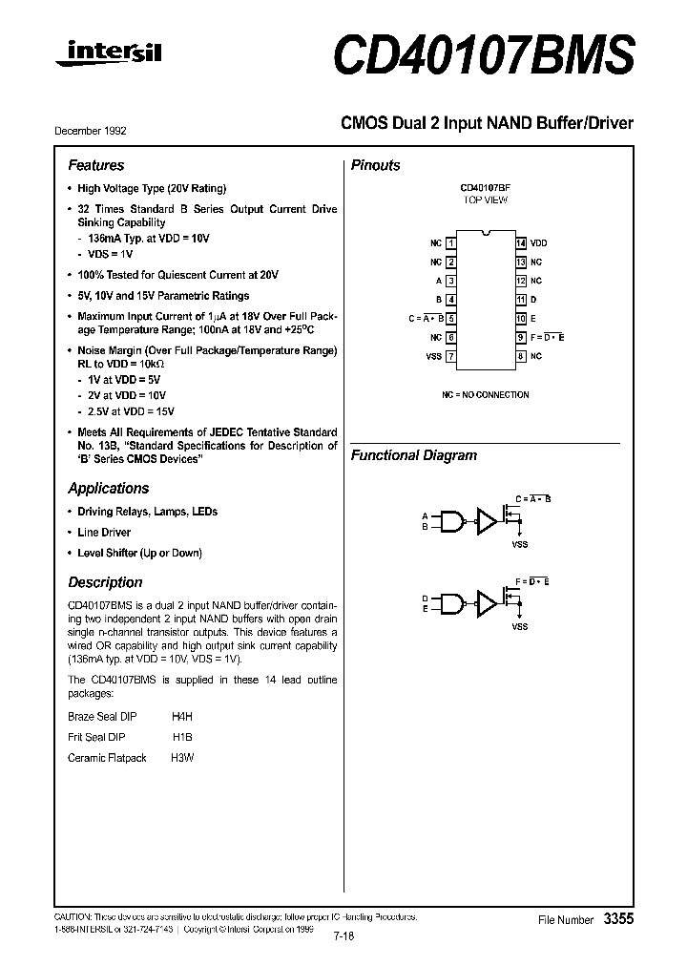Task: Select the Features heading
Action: pos(96,165)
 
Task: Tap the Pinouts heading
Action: pos(376,165)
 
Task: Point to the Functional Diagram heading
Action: pos(414,455)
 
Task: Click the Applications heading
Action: pos(109,488)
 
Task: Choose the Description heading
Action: pos(106,582)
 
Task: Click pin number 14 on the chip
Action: pos(520,243)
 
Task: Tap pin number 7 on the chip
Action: pos(450,356)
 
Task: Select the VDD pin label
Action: pos(539,243)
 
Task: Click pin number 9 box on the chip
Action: pos(520,337)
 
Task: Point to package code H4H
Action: pos(182,716)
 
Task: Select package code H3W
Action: pos(181,758)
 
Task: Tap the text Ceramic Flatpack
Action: pos(108,758)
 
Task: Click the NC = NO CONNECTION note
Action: pos(485,395)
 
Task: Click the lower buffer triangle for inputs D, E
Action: pos(488,602)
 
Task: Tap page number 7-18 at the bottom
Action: pos(344,936)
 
